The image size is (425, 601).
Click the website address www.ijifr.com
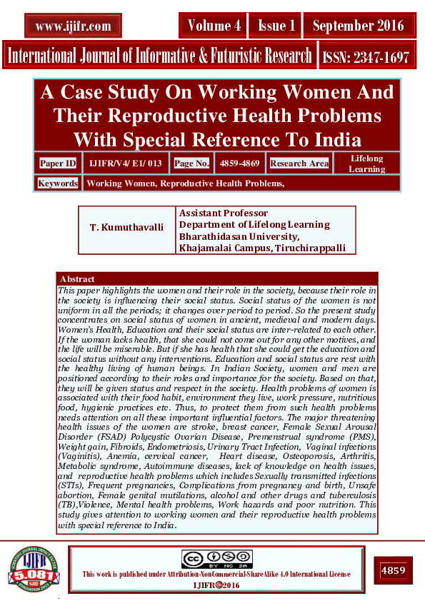tap(72, 26)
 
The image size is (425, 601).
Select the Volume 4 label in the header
tap(214, 26)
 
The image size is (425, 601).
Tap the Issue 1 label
tap(276, 26)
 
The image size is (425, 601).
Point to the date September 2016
tap(358, 26)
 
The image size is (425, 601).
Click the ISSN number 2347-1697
tap(366, 57)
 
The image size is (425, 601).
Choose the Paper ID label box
tap(58, 163)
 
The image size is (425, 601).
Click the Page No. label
tap(191, 163)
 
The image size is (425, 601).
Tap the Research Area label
tap(299, 163)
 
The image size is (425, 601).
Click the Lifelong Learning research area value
tap(366, 163)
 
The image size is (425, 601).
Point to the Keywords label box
tap(58, 183)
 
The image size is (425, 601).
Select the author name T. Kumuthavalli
tap(126, 227)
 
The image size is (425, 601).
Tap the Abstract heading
tap(77, 279)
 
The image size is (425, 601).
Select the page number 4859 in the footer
tap(393, 571)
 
